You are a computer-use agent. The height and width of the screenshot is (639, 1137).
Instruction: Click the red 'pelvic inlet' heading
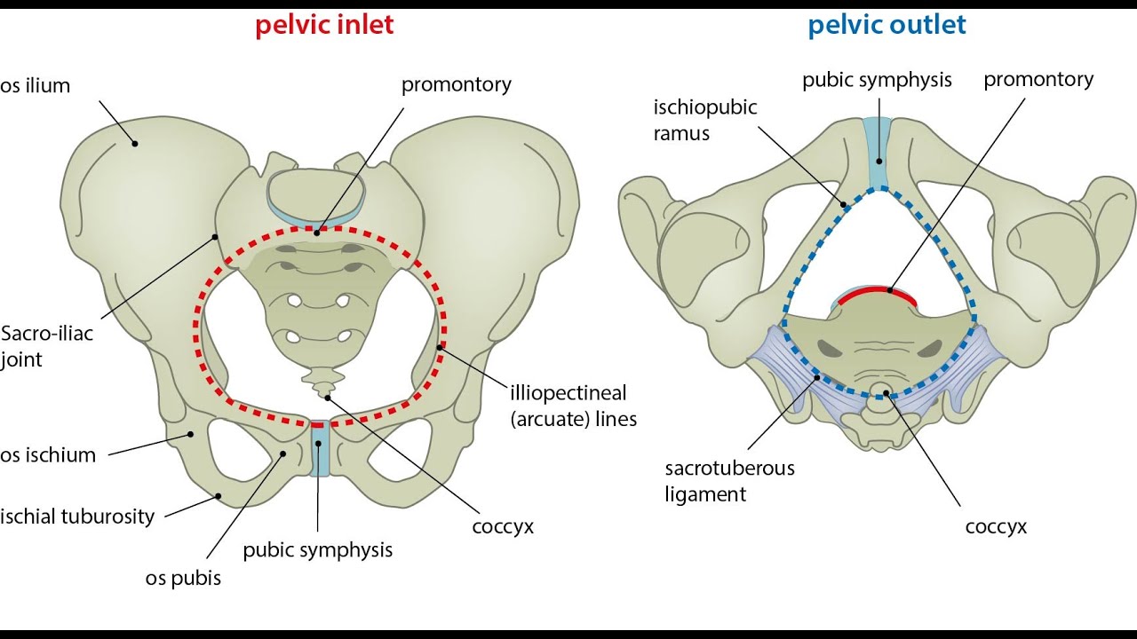click(x=324, y=25)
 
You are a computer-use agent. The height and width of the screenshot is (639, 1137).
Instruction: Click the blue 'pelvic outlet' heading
click(x=887, y=25)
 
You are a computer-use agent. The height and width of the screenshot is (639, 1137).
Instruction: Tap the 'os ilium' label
click(x=35, y=86)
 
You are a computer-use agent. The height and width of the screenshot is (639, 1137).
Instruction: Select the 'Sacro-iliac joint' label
click(x=47, y=346)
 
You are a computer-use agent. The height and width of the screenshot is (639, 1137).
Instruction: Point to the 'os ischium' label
click(x=48, y=455)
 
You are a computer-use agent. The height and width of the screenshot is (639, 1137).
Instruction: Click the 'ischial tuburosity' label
click(x=77, y=517)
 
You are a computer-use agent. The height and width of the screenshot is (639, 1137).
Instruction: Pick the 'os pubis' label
click(x=183, y=578)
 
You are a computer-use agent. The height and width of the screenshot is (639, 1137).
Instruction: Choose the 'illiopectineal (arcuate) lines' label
click(x=573, y=406)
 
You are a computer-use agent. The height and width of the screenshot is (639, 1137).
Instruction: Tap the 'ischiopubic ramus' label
click(x=705, y=120)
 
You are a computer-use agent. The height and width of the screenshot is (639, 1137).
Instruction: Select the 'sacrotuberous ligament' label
click(x=730, y=481)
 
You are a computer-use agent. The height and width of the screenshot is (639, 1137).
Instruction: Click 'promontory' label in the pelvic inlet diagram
click(x=457, y=84)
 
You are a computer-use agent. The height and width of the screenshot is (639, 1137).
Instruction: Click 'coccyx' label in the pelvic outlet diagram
click(x=996, y=527)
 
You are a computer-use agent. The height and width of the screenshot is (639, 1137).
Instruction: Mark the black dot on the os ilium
click(x=135, y=144)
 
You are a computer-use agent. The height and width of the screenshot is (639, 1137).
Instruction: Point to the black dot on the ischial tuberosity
click(x=219, y=496)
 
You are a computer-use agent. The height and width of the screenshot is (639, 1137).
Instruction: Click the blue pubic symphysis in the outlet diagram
click(x=879, y=152)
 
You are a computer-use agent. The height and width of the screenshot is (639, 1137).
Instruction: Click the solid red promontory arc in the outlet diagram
click(x=877, y=292)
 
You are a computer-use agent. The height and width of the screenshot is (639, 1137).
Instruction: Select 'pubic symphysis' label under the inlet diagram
click(x=318, y=550)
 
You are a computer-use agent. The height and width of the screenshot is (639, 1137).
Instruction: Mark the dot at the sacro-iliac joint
click(x=215, y=237)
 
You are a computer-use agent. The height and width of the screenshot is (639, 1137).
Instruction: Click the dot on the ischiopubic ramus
click(x=844, y=205)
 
